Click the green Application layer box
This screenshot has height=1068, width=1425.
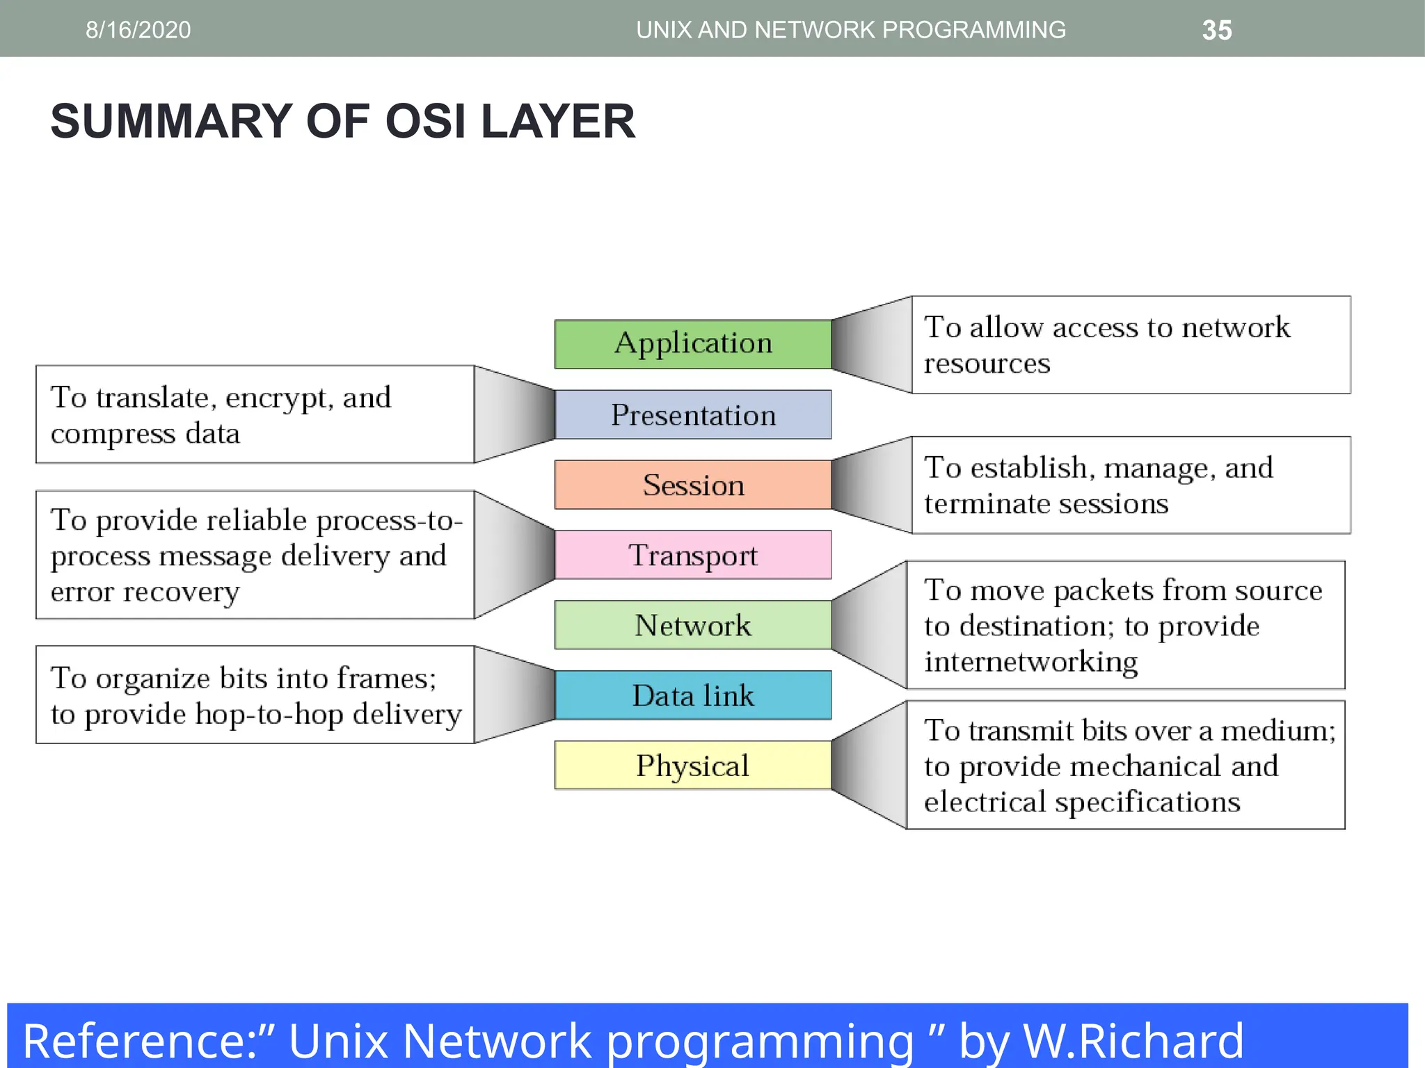(x=692, y=344)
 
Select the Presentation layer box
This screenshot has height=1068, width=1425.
(x=692, y=415)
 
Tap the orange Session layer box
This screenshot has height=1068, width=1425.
(x=692, y=485)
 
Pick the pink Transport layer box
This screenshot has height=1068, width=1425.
(x=692, y=555)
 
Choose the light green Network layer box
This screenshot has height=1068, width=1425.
(x=692, y=625)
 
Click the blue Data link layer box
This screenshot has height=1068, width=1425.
(x=692, y=695)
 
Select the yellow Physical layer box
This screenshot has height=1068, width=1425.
(x=692, y=766)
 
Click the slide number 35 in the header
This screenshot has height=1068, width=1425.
(x=1217, y=30)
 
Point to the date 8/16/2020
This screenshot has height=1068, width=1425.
(x=138, y=30)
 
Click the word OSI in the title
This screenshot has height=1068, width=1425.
(x=425, y=121)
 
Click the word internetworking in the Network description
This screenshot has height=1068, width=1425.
(x=1030, y=662)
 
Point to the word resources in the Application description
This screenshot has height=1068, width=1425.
(x=987, y=364)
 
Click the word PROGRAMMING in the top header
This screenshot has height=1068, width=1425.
(x=973, y=30)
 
